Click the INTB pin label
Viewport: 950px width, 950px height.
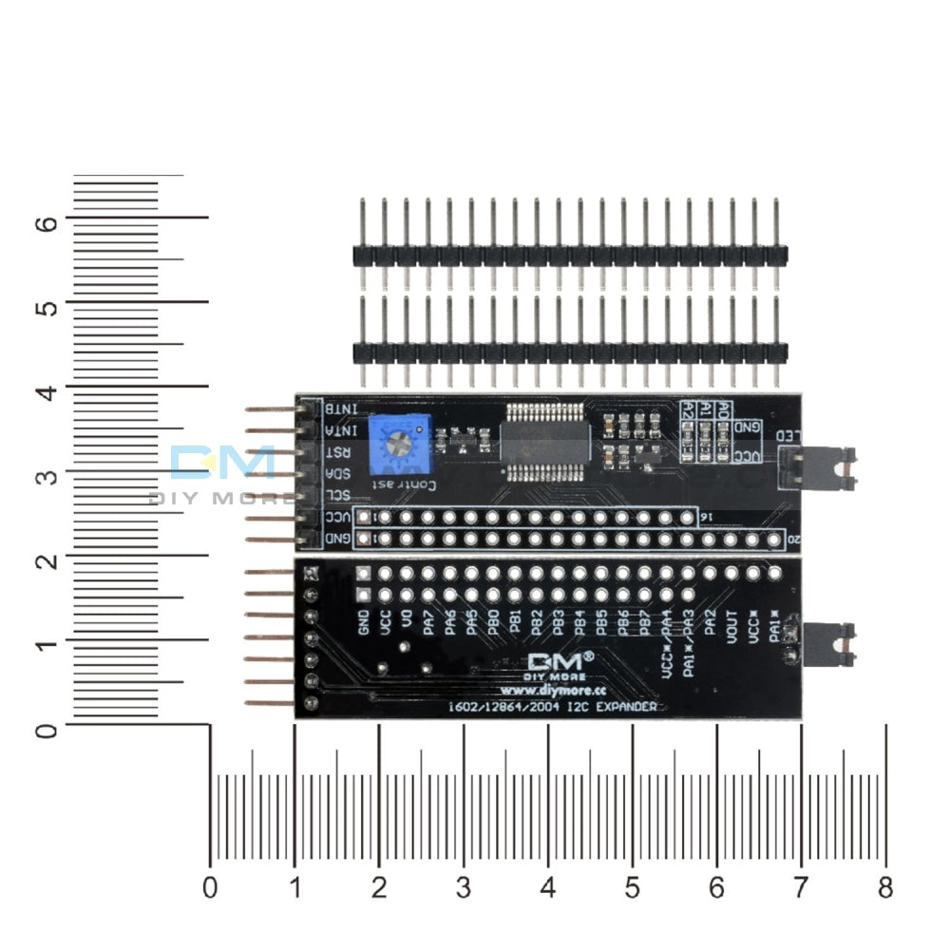341,408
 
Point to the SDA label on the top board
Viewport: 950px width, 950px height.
338,474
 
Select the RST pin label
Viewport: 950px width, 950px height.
338,452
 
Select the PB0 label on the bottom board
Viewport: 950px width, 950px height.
494,623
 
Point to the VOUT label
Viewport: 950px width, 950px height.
731,630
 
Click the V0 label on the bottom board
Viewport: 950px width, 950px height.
407,620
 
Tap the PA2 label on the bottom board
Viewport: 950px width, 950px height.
710,625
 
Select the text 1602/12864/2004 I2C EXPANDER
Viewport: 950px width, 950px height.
557,707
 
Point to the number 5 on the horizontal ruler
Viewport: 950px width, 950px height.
632,888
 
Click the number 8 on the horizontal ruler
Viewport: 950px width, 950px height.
885,888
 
